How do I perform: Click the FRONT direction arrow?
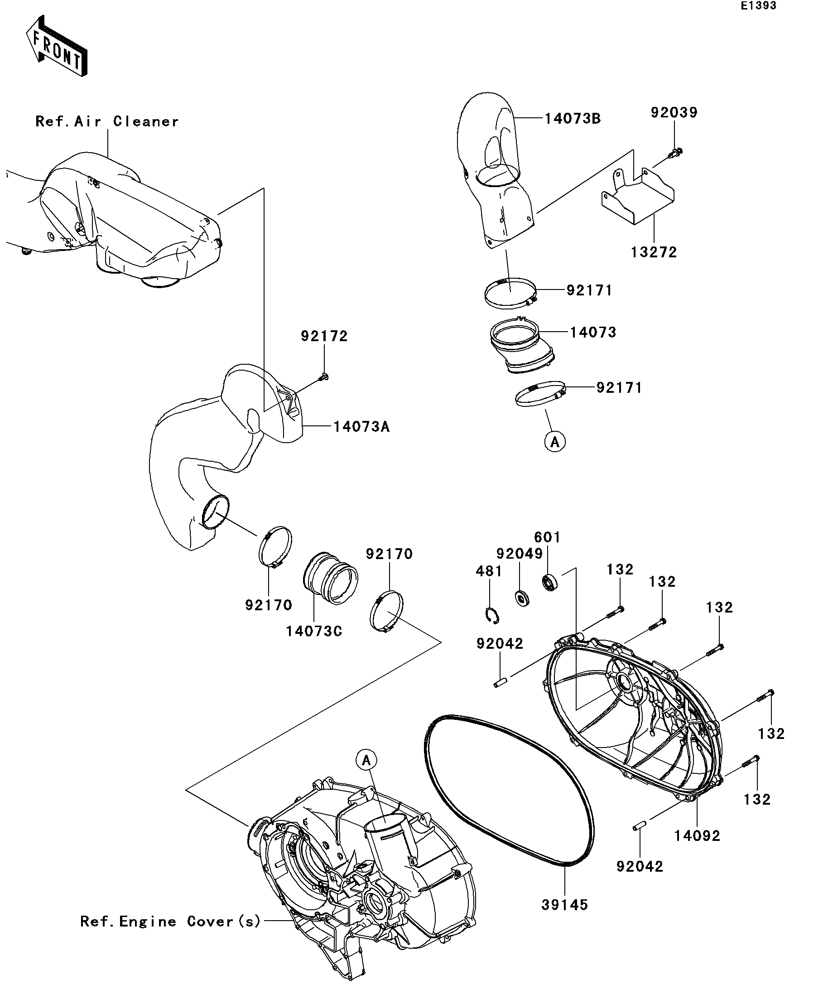[x=57, y=46]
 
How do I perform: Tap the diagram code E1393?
[x=758, y=6]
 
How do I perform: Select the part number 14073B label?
[x=573, y=118]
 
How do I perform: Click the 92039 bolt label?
[x=674, y=113]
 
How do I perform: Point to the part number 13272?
[x=654, y=252]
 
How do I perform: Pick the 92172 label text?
[x=324, y=336]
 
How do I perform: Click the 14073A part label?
[x=361, y=427]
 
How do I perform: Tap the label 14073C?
[x=314, y=631]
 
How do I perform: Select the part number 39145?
[x=565, y=905]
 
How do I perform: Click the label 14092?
[x=697, y=836]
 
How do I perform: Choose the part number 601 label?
[x=548, y=537]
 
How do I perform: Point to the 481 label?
[x=489, y=571]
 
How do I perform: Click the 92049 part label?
[x=520, y=554]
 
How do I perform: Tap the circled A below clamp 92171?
[x=555, y=442]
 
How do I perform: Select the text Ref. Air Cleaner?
[x=107, y=122]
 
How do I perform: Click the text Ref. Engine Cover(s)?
[x=171, y=922]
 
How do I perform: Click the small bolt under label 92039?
[x=676, y=153]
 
